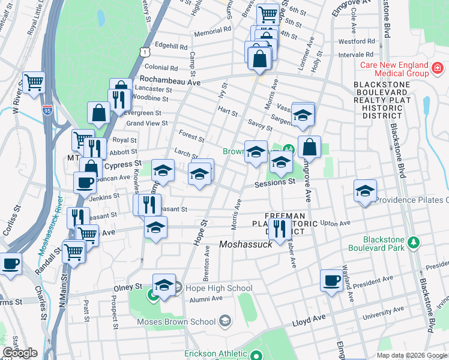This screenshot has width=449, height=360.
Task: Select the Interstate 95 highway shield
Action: [x=47, y=110]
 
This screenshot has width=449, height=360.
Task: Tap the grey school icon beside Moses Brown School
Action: [x=224, y=321]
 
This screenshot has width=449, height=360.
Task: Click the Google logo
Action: [x=20, y=353]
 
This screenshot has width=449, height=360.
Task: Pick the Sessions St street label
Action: [x=274, y=182]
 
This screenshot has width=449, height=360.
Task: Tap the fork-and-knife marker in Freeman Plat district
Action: [x=279, y=228]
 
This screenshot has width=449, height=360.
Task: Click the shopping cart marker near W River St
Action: [x=34, y=82]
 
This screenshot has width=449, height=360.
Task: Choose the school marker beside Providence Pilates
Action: [x=365, y=191]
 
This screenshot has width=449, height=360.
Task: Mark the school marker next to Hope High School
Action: [x=164, y=285]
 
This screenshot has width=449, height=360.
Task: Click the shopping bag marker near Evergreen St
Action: [x=98, y=112]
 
